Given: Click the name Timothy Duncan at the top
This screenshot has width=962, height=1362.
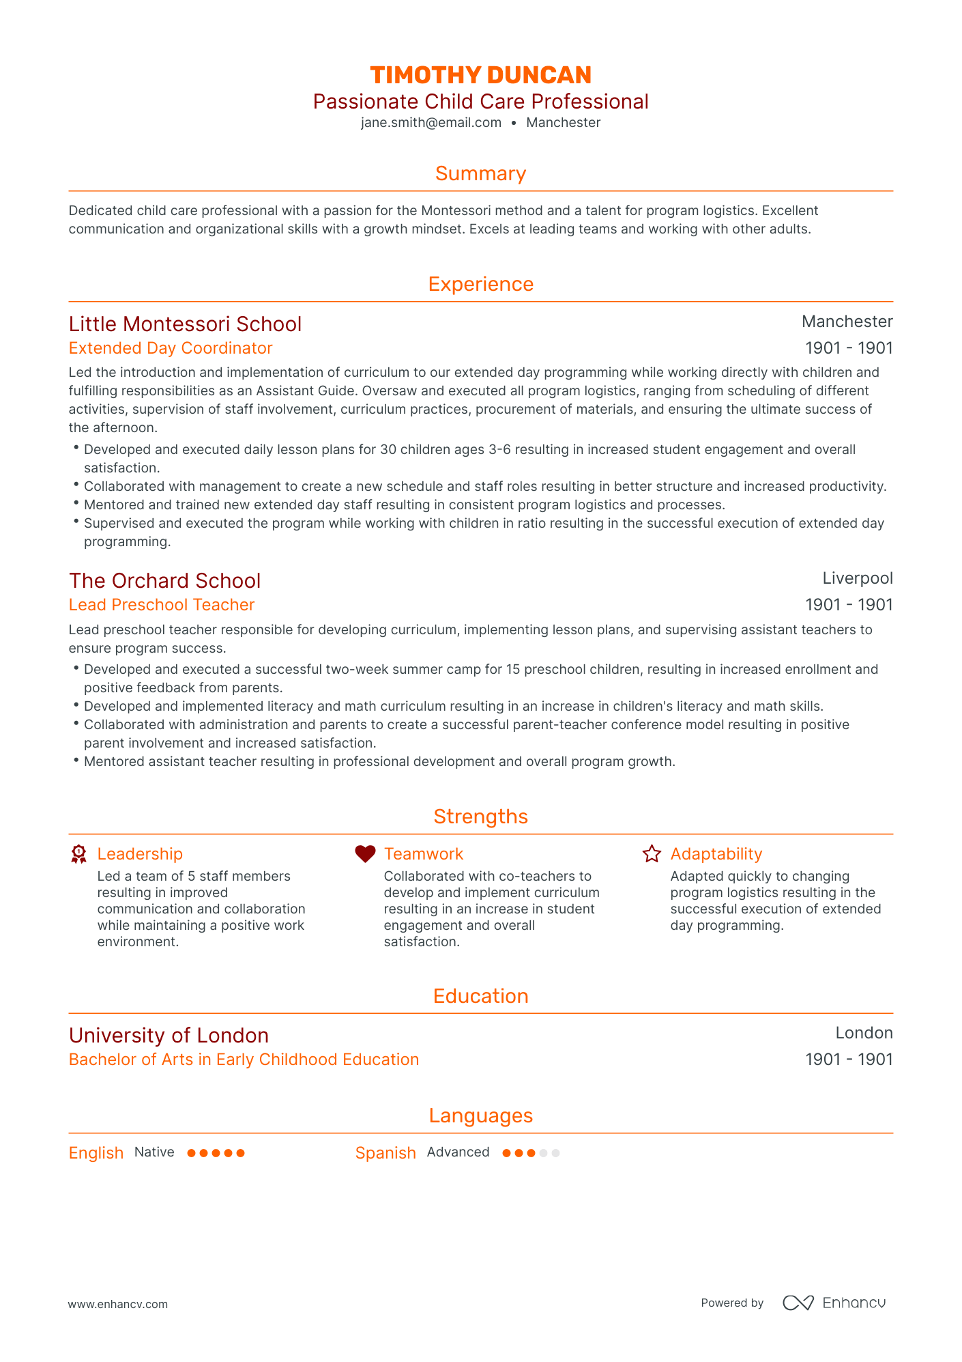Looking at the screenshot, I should pyautogui.click(x=480, y=75).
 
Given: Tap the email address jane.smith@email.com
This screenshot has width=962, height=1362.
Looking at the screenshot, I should pyautogui.click(x=431, y=123).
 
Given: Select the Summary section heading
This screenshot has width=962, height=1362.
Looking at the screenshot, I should pyautogui.click(x=480, y=173).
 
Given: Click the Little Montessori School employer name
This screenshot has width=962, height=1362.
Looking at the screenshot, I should pyautogui.click(x=185, y=324).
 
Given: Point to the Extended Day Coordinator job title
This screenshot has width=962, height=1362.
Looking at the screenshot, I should pyautogui.click(x=171, y=348).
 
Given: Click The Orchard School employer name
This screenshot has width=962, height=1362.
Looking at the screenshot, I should pyautogui.click(x=164, y=580).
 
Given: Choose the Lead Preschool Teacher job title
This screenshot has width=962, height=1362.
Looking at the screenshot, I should pyautogui.click(x=162, y=605).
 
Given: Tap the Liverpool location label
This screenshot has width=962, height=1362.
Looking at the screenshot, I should pyautogui.click(x=857, y=578).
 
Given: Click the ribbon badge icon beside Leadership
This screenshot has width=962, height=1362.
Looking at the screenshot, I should pyautogui.click(x=79, y=854).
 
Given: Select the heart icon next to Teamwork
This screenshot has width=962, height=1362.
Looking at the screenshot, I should pyautogui.click(x=365, y=853).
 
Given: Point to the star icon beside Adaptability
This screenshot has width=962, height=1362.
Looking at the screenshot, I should pyautogui.click(x=652, y=853).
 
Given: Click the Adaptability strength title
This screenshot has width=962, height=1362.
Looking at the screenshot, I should pyautogui.click(x=716, y=854).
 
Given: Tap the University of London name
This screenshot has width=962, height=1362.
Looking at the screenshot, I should pyautogui.click(x=169, y=1035).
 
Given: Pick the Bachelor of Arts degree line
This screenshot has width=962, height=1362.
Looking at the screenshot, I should pyautogui.click(x=244, y=1060).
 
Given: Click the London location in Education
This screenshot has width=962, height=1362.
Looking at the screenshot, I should pyautogui.click(x=864, y=1033).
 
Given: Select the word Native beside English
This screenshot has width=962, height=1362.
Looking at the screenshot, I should pyautogui.click(x=154, y=1152).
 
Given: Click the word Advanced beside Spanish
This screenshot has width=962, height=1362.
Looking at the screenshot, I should pyautogui.click(x=458, y=1152).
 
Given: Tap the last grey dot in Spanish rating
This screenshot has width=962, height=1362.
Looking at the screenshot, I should pyautogui.click(x=556, y=1153).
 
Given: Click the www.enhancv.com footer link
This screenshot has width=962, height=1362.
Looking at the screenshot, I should pyautogui.click(x=117, y=1304).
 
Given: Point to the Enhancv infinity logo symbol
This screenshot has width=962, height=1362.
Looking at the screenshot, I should pyautogui.click(x=798, y=1303).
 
